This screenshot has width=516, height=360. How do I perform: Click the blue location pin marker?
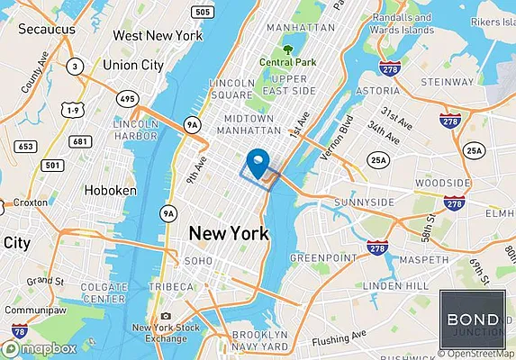point(259,162)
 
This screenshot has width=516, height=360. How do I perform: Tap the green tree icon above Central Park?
point(287,49)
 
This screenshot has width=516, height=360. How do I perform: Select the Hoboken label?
point(110,191)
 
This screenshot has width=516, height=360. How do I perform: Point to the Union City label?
point(132,65)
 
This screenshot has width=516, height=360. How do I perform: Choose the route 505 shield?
point(204,12)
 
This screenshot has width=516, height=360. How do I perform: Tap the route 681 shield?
point(82,141)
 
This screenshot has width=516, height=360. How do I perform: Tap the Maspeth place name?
point(422,260)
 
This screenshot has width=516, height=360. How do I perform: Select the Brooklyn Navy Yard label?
point(261,338)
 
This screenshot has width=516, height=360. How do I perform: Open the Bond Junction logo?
point(474,320)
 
